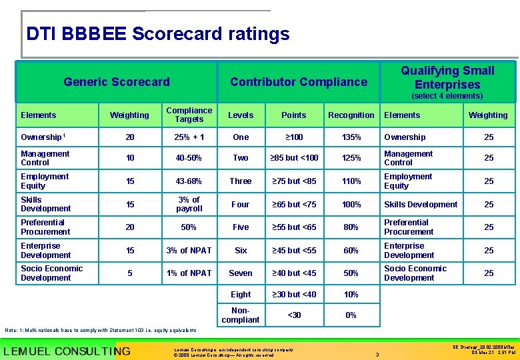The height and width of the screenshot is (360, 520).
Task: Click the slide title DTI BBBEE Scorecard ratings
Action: [158, 34]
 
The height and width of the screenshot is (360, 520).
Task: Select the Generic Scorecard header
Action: [117, 82]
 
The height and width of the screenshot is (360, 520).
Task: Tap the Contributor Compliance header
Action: [299, 82]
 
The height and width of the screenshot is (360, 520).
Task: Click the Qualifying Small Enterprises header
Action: [447, 77]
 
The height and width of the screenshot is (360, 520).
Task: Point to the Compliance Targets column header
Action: [189, 115]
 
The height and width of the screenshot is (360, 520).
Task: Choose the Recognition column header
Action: [351, 115]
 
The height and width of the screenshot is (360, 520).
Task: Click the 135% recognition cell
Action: [351, 137]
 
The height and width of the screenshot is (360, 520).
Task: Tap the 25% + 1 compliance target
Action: [189, 137]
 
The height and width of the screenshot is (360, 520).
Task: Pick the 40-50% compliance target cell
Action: [189, 158]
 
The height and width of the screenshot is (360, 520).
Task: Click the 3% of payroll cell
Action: [189, 204]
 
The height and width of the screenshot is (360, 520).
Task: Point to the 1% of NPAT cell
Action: [189, 273]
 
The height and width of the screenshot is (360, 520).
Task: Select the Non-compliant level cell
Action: [241, 315]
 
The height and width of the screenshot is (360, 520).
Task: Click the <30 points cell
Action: [294, 315]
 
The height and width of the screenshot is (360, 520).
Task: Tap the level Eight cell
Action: [241, 294]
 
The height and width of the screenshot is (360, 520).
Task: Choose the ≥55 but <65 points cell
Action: [294, 227]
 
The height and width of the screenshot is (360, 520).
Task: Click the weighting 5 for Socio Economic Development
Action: [130, 273]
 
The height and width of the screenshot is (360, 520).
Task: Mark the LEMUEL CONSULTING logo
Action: [67, 351]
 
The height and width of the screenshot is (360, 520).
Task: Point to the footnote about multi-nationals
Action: [101, 330]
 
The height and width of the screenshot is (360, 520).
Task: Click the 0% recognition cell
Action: [351, 315]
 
